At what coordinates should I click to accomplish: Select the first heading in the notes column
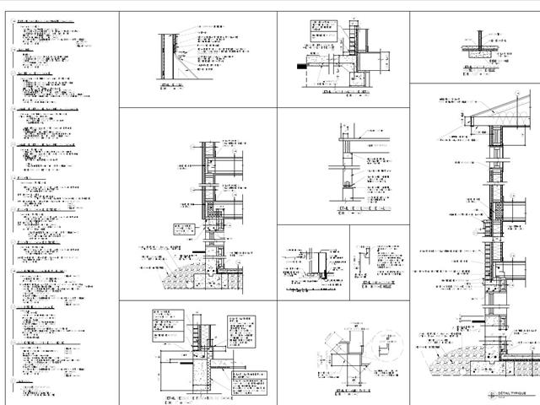click(x=42, y=19)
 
